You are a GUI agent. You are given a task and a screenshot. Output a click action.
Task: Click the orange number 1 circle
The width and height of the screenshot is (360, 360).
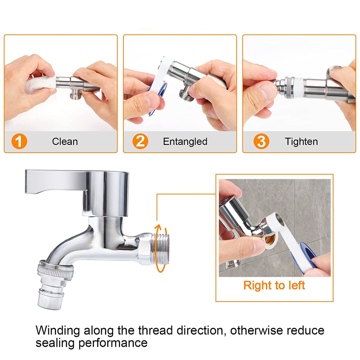coord(19,141)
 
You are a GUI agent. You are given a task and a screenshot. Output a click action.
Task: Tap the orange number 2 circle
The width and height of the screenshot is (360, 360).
coord(140,141)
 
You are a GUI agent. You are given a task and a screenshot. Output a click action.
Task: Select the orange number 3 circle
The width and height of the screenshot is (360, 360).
coord(261,141)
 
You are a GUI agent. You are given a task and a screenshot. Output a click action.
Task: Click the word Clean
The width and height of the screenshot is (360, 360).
coord(65,141)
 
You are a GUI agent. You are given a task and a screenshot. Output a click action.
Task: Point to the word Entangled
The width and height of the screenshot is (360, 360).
coord(185,142)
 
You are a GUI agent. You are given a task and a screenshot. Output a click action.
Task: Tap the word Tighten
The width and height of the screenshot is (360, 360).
coord(301,142)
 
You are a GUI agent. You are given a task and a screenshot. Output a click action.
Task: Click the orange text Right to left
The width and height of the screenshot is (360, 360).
coord(274,285)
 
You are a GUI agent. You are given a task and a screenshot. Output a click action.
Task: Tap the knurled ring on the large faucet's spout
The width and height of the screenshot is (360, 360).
coord(56,270)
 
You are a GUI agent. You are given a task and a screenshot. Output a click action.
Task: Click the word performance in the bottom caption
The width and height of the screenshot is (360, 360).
coord(113,343)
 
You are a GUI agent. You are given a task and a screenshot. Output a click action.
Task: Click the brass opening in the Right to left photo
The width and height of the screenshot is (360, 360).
coord(270,240)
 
